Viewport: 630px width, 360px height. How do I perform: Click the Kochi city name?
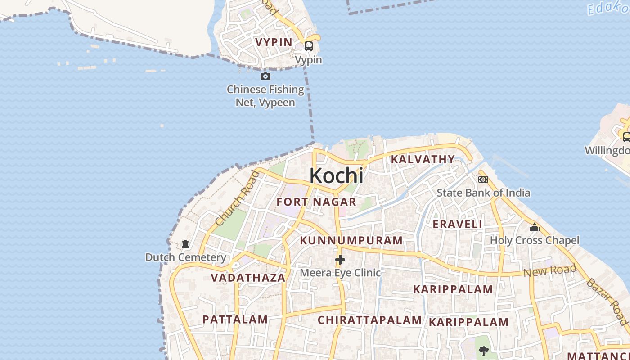[x=336, y=175]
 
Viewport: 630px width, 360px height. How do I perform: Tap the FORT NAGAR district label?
[x=316, y=202]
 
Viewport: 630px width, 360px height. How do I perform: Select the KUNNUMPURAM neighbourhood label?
[x=351, y=241]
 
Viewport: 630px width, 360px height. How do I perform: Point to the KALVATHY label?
[x=423, y=159]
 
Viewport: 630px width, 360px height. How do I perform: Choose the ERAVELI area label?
[x=457, y=224]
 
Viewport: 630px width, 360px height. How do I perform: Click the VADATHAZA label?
[x=248, y=278]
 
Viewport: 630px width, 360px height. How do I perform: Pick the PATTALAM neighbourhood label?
[x=235, y=319]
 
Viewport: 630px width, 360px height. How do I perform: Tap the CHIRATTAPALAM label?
[x=370, y=320]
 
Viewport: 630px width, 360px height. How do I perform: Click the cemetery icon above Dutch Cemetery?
[x=185, y=244]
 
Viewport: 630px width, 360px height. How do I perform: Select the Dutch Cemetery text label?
[x=185, y=257]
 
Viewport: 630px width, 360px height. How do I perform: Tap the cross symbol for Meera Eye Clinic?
[x=340, y=260]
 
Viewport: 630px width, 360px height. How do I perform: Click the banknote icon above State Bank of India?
[x=483, y=180]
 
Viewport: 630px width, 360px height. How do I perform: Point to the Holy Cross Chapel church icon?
[x=535, y=227]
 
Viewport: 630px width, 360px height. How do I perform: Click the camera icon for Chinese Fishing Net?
[x=265, y=76]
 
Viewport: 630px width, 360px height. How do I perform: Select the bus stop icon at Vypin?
[x=309, y=46]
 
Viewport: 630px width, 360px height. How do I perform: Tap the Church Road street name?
[x=238, y=198]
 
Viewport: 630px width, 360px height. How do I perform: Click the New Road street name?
[x=550, y=271]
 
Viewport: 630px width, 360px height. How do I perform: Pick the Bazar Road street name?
[x=607, y=300]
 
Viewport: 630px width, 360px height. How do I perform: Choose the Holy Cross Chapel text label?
[x=535, y=240]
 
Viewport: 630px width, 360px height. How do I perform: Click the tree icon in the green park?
[x=484, y=351]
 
